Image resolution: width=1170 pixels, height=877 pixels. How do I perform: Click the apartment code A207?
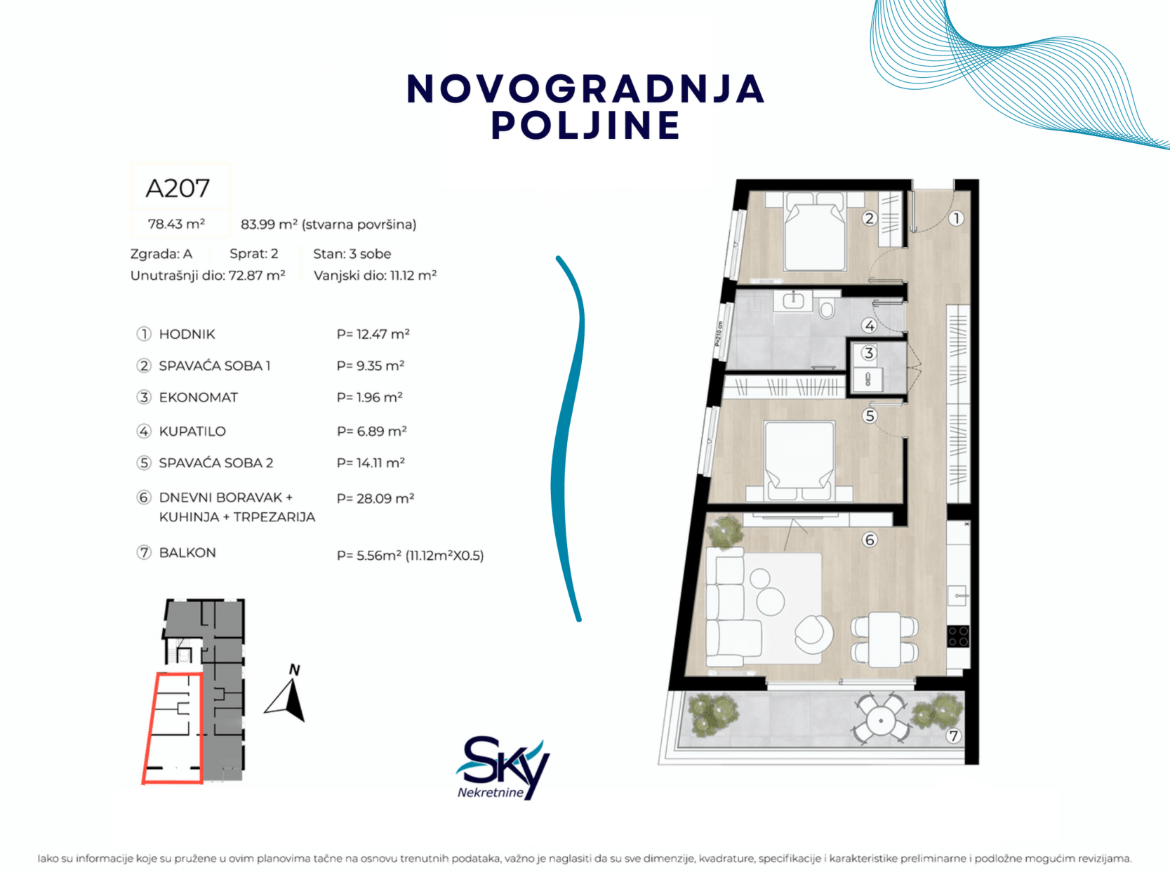pyautogui.click(x=178, y=188)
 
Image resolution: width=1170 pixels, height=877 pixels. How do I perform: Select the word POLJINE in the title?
pyautogui.click(x=586, y=126)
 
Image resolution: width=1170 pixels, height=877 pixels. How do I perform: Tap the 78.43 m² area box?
pyautogui.click(x=176, y=224)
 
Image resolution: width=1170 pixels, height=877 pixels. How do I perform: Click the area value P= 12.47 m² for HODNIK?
pyautogui.click(x=373, y=334)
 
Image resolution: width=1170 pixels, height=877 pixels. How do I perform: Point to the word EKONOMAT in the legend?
pyautogui.click(x=199, y=398)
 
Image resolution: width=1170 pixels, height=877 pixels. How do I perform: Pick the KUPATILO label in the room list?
pyautogui.click(x=192, y=431)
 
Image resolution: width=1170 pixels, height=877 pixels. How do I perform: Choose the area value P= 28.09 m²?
pyautogui.click(x=375, y=498)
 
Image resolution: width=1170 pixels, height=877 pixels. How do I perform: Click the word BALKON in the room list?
pyautogui.click(x=187, y=553)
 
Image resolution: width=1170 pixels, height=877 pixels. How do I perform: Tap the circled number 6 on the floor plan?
pyautogui.click(x=870, y=540)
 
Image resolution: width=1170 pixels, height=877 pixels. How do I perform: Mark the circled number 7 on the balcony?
pyautogui.click(x=953, y=736)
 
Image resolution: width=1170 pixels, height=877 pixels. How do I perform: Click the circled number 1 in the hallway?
pyautogui.click(x=956, y=218)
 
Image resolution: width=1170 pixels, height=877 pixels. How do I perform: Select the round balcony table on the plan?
pyautogui.click(x=881, y=721)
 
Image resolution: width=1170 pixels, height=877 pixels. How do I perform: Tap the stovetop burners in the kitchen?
pyautogui.click(x=958, y=636)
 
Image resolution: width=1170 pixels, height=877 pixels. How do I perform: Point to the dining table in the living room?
pyautogui.click(x=884, y=639)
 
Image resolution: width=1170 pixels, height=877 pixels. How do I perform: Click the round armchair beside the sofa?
pyautogui.click(x=813, y=634)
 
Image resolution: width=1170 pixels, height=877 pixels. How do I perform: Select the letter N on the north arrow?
pyautogui.click(x=294, y=670)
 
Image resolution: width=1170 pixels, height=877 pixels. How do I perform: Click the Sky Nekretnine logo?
pyautogui.click(x=502, y=768)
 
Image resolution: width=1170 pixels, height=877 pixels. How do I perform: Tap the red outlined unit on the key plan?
pyautogui.click(x=173, y=728)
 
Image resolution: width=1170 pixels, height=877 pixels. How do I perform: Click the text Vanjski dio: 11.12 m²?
pyautogui.click(x=375, y=276)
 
